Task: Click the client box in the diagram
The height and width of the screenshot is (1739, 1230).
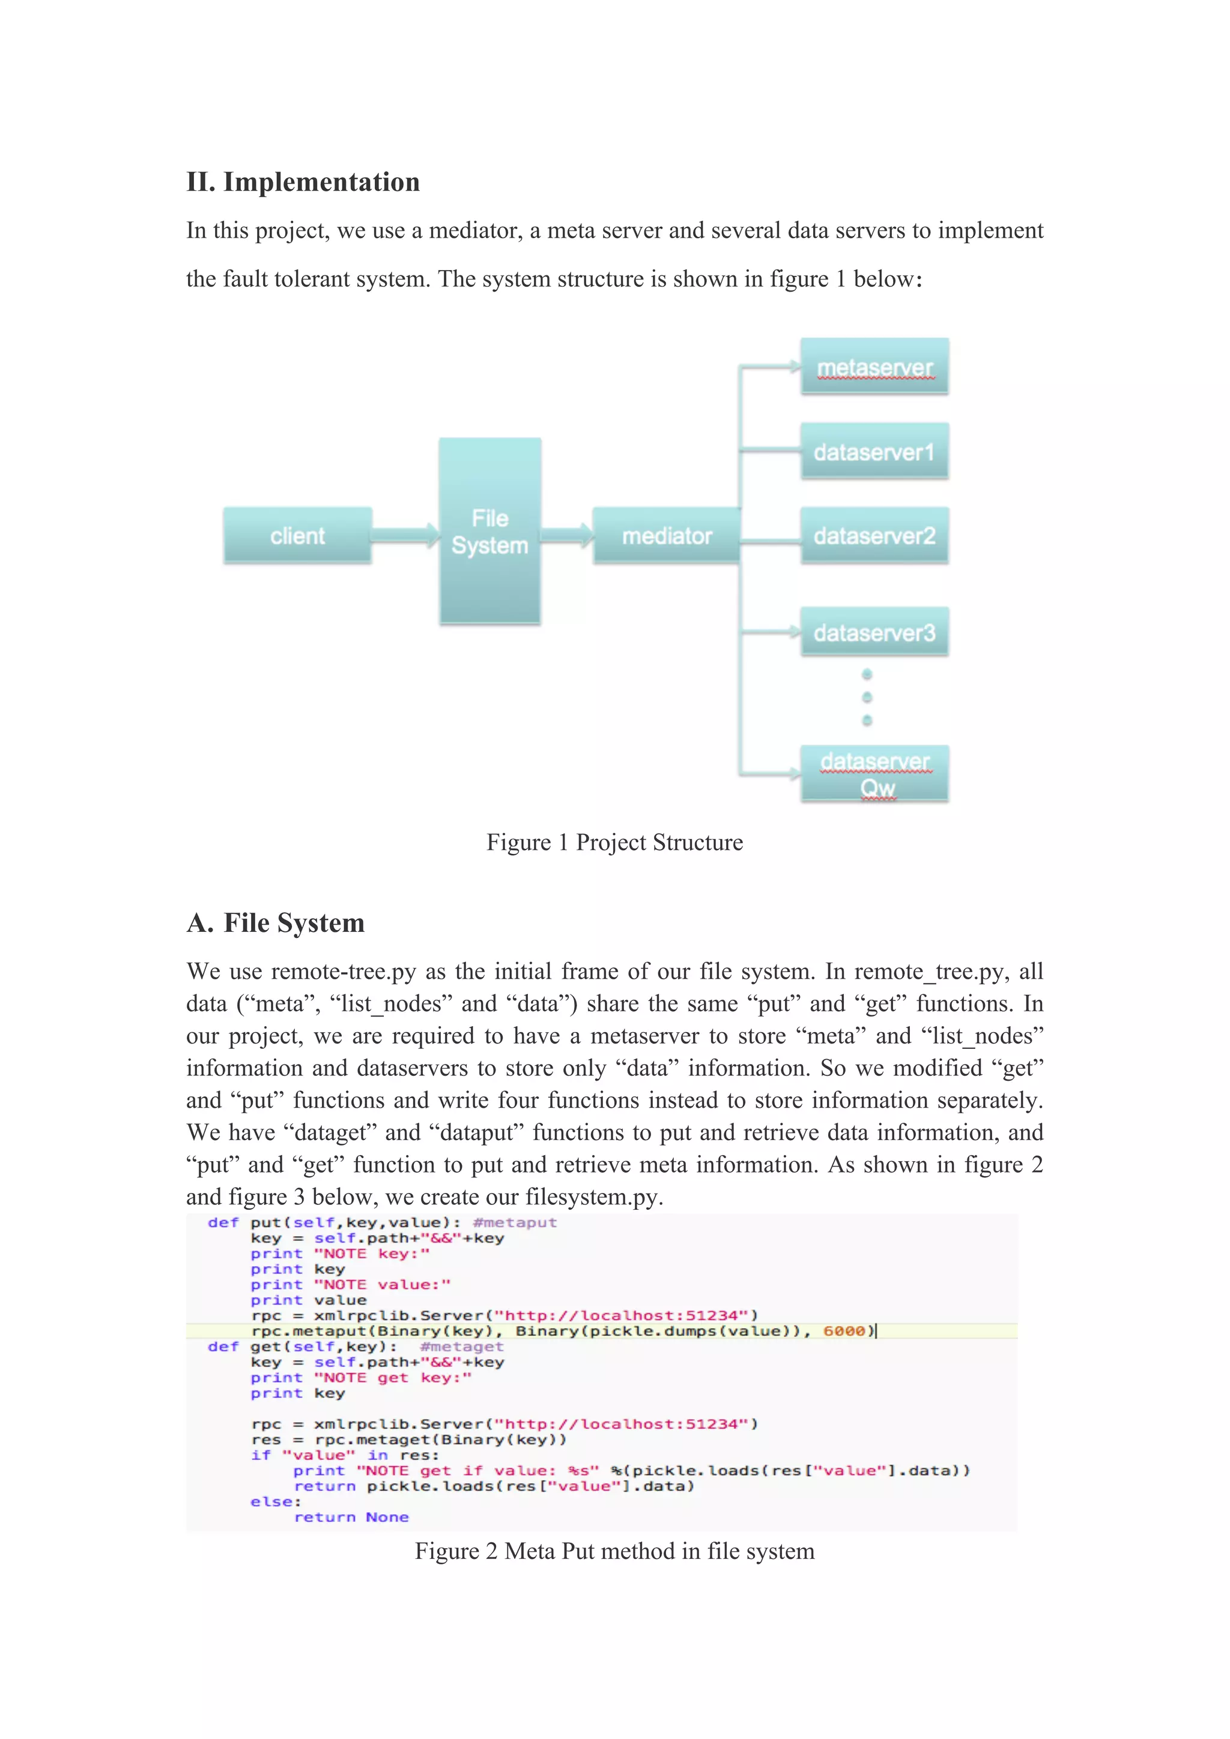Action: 297,535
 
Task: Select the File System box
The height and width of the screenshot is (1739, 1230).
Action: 489,531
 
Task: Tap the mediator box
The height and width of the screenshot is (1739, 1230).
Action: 666,535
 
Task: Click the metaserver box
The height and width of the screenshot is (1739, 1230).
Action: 874,367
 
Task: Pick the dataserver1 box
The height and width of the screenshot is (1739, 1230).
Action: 874,451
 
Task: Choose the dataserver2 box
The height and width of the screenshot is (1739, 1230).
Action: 874,535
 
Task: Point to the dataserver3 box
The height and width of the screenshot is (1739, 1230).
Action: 874,632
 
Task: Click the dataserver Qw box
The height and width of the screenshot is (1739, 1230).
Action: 874,773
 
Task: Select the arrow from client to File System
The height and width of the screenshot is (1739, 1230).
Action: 405,535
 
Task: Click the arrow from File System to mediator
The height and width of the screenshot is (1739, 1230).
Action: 567,535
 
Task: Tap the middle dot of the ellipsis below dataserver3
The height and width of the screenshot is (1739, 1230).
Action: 867,697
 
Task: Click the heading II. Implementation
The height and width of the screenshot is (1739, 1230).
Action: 303,182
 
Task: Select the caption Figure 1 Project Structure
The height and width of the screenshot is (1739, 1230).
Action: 614,842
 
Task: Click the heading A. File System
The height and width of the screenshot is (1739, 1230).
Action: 276,922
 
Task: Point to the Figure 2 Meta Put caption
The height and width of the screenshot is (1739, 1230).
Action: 614,1551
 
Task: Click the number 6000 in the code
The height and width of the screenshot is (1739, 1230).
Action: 843,1331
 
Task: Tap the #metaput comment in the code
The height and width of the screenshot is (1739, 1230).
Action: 515,1222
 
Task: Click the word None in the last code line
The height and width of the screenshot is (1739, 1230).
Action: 387,1517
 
